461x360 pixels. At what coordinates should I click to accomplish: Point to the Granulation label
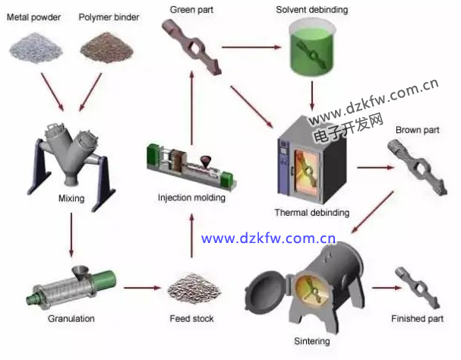(71, 319)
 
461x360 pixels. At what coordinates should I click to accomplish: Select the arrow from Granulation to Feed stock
(143, 289)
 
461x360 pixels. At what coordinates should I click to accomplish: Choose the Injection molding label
(191, 198)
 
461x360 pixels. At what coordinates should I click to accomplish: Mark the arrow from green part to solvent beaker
(251, 48)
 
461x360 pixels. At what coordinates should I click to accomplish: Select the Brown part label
(418, 130)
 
